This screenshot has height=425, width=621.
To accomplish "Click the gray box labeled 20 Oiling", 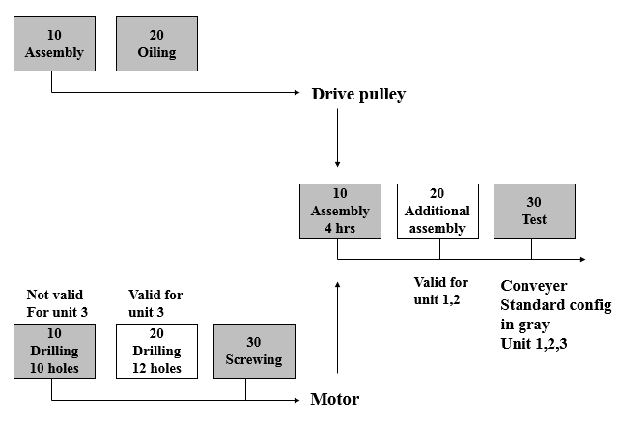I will point(156,43).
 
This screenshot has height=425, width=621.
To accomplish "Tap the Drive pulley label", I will point(358,95).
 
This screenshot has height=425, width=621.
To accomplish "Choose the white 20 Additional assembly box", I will point(438,211).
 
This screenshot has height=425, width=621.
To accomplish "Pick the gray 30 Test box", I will point(534,211).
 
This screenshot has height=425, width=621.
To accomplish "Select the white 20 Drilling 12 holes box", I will point(155,351).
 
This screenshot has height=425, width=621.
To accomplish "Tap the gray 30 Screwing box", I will point(253,351).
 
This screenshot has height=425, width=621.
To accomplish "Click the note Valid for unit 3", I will point(155,303).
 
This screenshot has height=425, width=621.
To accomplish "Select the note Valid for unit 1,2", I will point(440,291).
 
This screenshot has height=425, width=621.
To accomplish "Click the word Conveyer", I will point(534,286).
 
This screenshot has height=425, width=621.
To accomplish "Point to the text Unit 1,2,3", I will point(533,343).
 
